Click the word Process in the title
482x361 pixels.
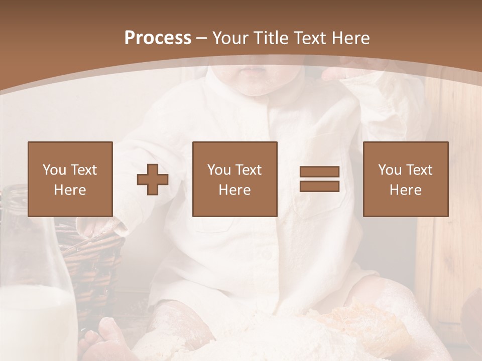(158, 38)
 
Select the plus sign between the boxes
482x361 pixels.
(153, 179)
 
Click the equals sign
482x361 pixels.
(319, 179)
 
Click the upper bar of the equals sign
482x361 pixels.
(319, 172)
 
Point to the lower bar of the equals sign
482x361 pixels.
(319, 186)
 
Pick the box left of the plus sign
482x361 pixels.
(70, 179)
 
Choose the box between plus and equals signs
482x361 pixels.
(234, 179)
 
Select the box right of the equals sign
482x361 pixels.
(406, 179)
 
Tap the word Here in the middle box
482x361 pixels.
(234, 190)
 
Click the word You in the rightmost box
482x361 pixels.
(389, 170)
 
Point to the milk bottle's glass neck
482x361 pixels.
(20, 211)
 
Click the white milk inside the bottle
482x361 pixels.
(35, 321)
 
